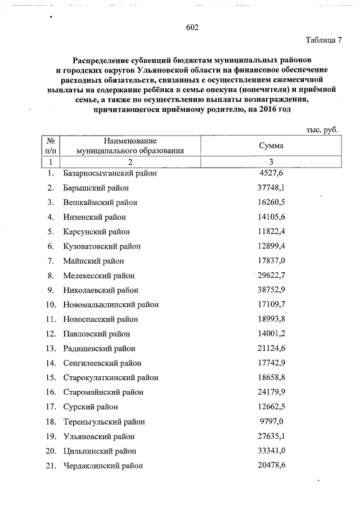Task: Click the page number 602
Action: (x=192, y=28)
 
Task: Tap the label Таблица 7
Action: (x=323, y=40)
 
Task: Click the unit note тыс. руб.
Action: (x=322, y=130)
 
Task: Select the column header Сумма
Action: (x=271, y=146)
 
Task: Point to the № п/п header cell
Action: (x=51, y=146)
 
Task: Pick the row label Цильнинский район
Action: (x=100, y=451)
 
